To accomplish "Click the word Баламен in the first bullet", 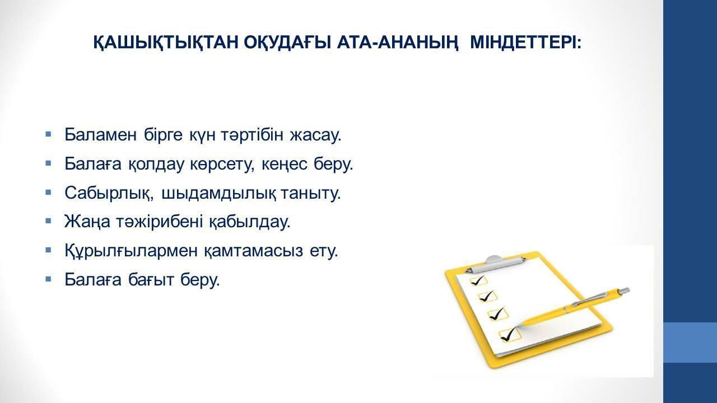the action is pyautogui.click(x=100, y=135).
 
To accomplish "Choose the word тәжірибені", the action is pyautogui.click(x=159, y=221).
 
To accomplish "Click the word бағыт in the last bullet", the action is pyautogui.click(x=151, y=279).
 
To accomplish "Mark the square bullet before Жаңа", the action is pyautogui.click(x=48, y=221).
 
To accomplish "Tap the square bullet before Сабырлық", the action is pyautogui.click(x=48, y=193).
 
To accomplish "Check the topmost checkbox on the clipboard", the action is pyautogui.click(x=478, y=281).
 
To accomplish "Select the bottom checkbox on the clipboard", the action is pyautogui.click(x=510, y=335).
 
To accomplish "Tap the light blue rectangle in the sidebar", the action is pyautogui.click(x=690, y=343).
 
